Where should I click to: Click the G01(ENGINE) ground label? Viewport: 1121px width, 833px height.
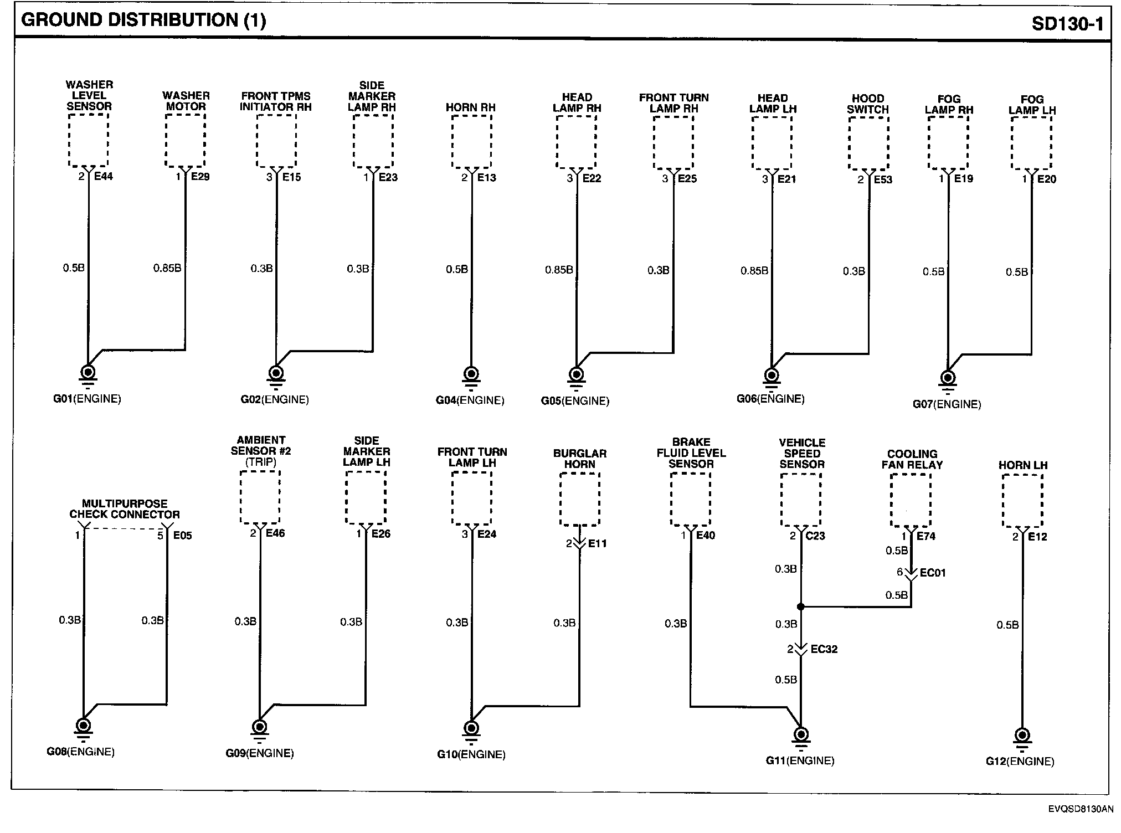pyautogui.click(x=87, y=399)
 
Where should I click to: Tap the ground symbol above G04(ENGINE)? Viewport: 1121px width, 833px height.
pyautogui.click(x=471, y=375)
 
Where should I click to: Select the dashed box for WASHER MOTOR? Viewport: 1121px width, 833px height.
pyautogui.click(x=185, y=140)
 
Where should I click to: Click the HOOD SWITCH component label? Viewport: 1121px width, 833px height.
pyautogui.click(x=867, y=104)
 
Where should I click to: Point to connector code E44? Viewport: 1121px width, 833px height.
pyautogui.click(x=104, y=176)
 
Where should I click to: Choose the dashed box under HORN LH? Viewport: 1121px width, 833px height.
pyautogui.click(x=1022, y=501)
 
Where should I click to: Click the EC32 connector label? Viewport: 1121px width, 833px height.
pyautogui.click(x=824, y=649)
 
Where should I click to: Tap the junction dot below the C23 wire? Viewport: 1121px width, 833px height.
pyautogui.click(x=800, y=606)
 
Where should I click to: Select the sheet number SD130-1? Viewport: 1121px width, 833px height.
pyautogui.click(x=1067, y=23)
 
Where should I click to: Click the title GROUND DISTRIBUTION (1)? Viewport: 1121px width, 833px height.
pyautogui.click(x=143, y=20)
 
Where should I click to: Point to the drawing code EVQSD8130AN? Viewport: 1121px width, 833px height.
pyautogui.click(x=1080, y=809)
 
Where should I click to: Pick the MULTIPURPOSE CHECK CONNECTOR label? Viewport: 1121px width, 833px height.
pyautogui.click(x=125, y=509)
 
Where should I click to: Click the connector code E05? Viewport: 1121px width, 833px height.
pyautogui.click(x=182, y=536)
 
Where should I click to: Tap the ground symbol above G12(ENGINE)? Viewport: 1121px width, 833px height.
pyautogui.click(x=1022, y=737)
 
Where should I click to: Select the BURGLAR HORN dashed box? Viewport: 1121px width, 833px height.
pyautogui.click(x=579, y=499)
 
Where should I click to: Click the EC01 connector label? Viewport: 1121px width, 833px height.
pyautogui.click(x=933, y=572)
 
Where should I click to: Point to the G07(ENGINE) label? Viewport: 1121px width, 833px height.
pyautogui.click(x=947, y=404)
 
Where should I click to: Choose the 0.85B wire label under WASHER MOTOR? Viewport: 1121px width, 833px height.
pyautogui.click(x=167, y=268)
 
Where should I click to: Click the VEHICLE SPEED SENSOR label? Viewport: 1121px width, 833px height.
pyautogui.click(x=802, y=453)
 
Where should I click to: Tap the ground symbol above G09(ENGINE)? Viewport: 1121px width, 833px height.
pyautogui.click(x=259, y=728)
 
